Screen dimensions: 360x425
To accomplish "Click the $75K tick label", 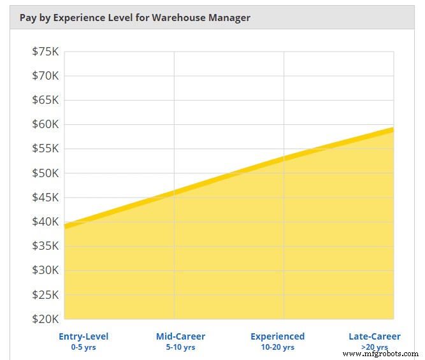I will pos(45,52).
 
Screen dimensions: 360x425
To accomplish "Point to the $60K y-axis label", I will pos(45,124).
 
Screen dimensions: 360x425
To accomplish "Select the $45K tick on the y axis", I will pos(45,198).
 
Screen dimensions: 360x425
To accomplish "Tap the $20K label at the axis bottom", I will pos(45,319).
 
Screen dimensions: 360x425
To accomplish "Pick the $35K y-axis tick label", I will pos(45,246).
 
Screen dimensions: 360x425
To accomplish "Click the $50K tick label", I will pos(45,173).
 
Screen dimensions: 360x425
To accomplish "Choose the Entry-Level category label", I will pos(83,336).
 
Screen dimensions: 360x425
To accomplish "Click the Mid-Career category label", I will pos(180,336).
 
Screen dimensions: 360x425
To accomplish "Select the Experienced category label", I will pos(277,336).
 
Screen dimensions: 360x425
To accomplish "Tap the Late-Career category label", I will pos(374,336).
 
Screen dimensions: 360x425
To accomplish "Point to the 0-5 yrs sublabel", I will pos(83,347).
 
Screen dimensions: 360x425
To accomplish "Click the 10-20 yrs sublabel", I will pos(277,347).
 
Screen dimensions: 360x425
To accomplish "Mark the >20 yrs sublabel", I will pos(374,347).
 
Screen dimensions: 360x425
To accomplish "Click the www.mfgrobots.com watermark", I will pos(381,354).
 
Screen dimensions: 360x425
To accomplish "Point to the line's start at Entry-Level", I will pos(65,226).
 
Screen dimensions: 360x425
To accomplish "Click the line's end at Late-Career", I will pos(393,129).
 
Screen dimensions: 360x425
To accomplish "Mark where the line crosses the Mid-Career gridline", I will pos(174,192).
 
